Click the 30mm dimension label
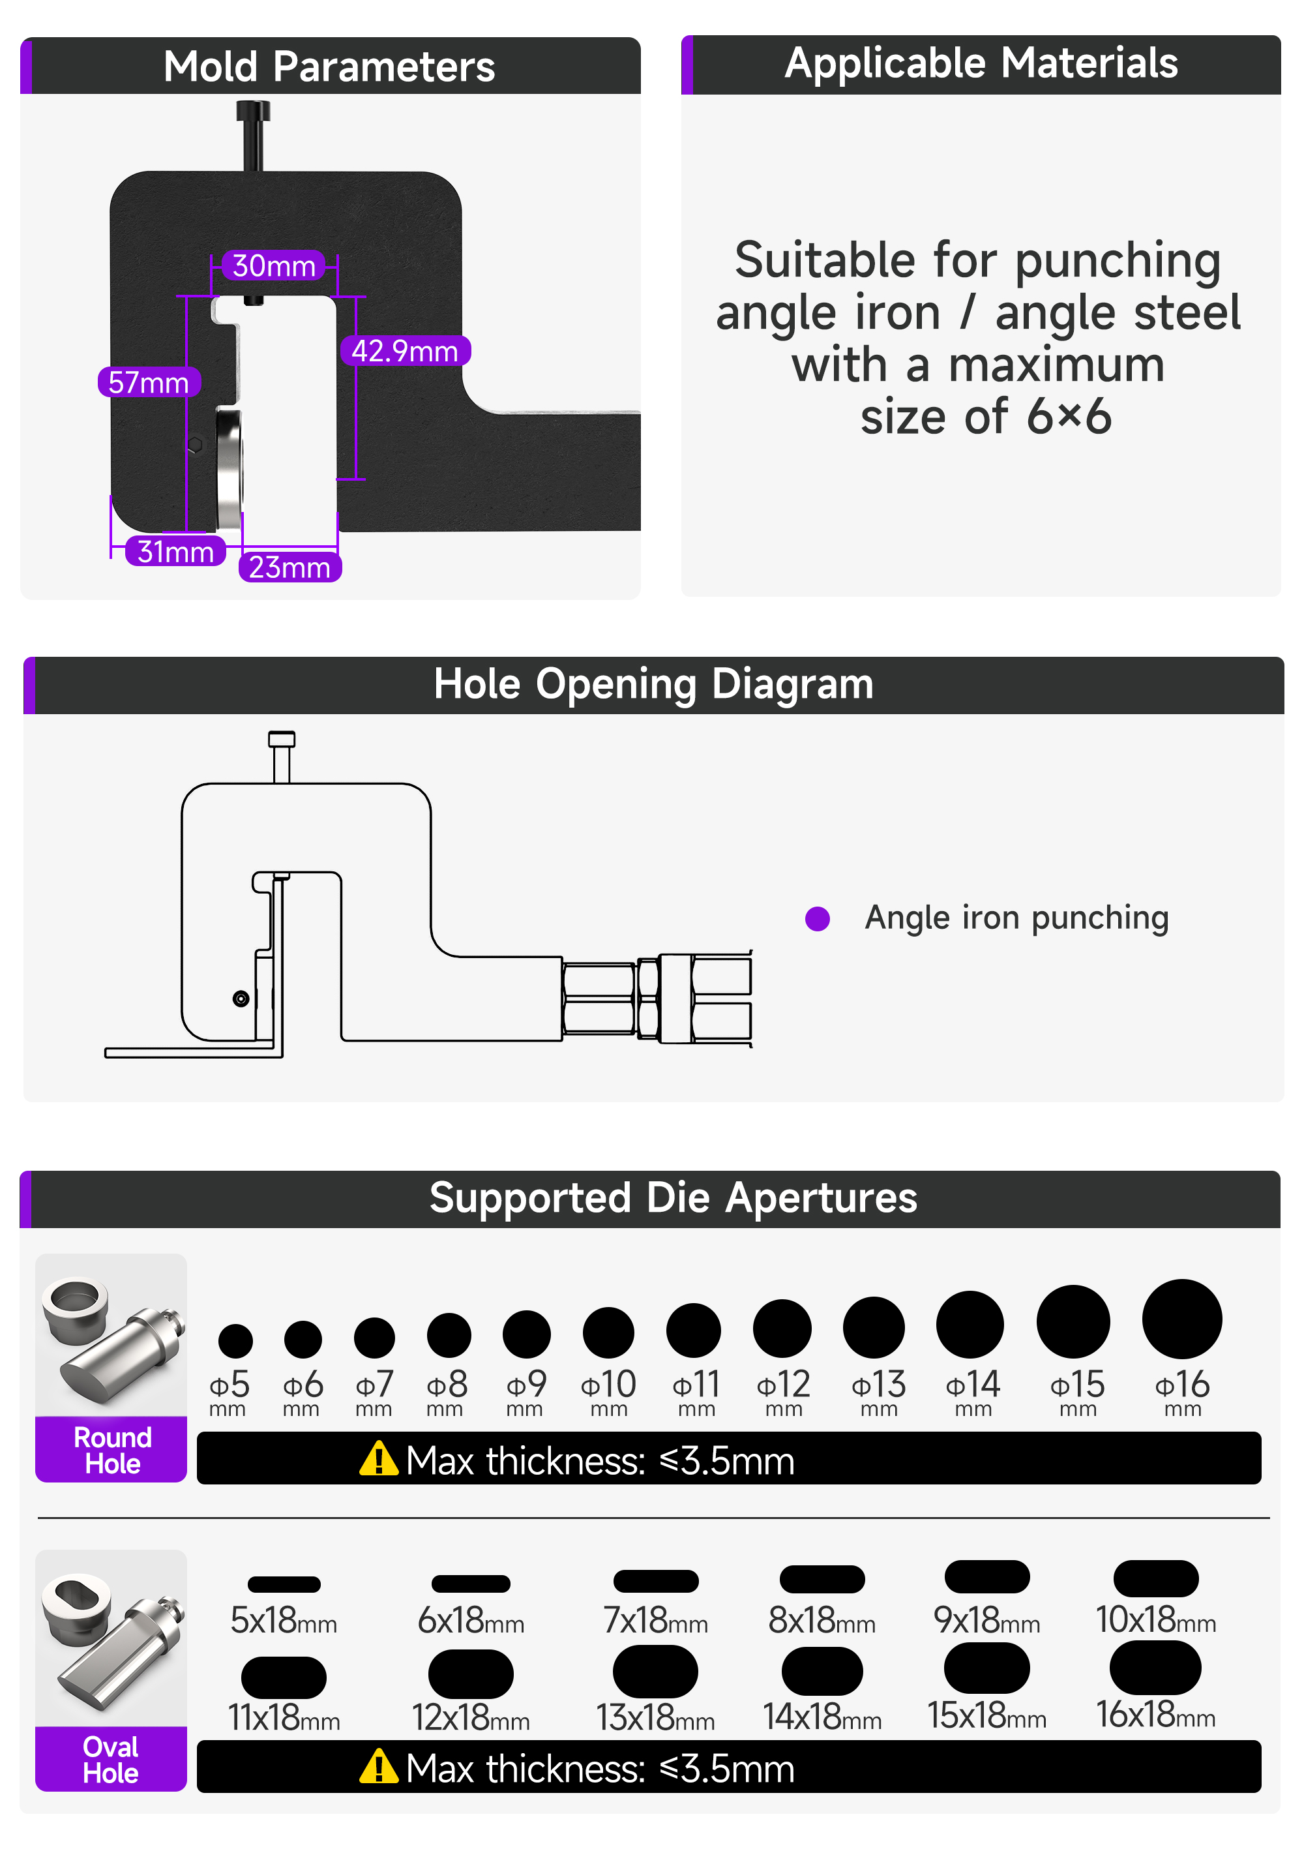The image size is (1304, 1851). (x=273, y=265)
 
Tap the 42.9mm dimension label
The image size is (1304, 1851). (x=405, y=351)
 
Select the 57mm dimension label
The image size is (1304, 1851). (x=148, y=382)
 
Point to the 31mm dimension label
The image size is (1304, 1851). (x=175, y=551)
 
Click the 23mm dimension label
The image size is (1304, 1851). (x=289, y=567)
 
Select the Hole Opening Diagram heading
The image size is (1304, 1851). (x=653, y=684)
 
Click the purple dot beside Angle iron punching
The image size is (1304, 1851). (x=817, y=919)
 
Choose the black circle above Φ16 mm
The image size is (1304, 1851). (x=1181, y=1319)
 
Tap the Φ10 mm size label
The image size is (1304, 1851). (x=608, y=1392)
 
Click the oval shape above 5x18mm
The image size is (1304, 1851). (x=284, y=1584)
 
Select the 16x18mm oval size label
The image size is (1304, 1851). (x=1155, y=1715)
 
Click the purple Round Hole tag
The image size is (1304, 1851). (x=111, y=1449)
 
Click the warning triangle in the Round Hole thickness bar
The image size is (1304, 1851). (x=379, y=1458)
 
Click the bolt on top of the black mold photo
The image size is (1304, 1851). (x=253, y=136)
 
